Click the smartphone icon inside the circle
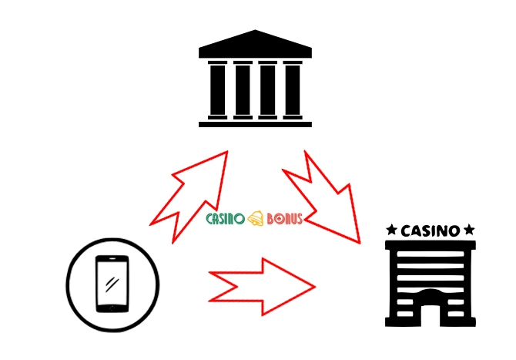click(112, 282)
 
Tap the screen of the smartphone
click(112, 282)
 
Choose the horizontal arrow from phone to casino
click(262, 286)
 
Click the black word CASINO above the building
click(431, 230)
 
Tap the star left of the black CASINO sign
click(392, 230)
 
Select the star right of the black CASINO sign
click(469, 230)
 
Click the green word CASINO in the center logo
click(225, 219)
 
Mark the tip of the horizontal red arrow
click(313, 286)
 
